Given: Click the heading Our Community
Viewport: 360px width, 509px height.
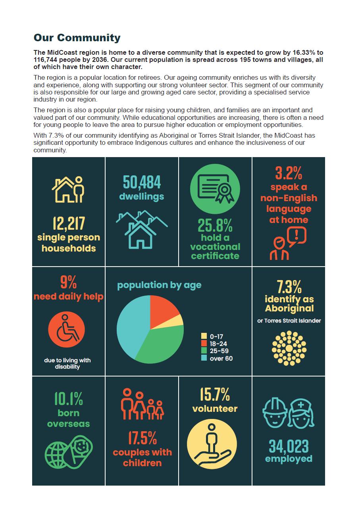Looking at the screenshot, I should click(77, 38).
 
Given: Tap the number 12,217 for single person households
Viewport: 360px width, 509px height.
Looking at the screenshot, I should click(69, 224).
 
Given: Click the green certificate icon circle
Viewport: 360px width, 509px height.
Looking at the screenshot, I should click(215, 188).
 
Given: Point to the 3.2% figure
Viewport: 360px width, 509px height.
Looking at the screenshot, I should click(289, 173).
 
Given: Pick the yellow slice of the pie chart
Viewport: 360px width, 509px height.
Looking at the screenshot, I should click(178, 320).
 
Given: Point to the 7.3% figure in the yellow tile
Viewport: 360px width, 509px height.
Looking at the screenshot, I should click(289, 286).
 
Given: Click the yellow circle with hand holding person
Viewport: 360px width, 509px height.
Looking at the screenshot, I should click(212, 444).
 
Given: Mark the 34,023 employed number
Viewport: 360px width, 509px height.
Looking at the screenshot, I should click(289, 446).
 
